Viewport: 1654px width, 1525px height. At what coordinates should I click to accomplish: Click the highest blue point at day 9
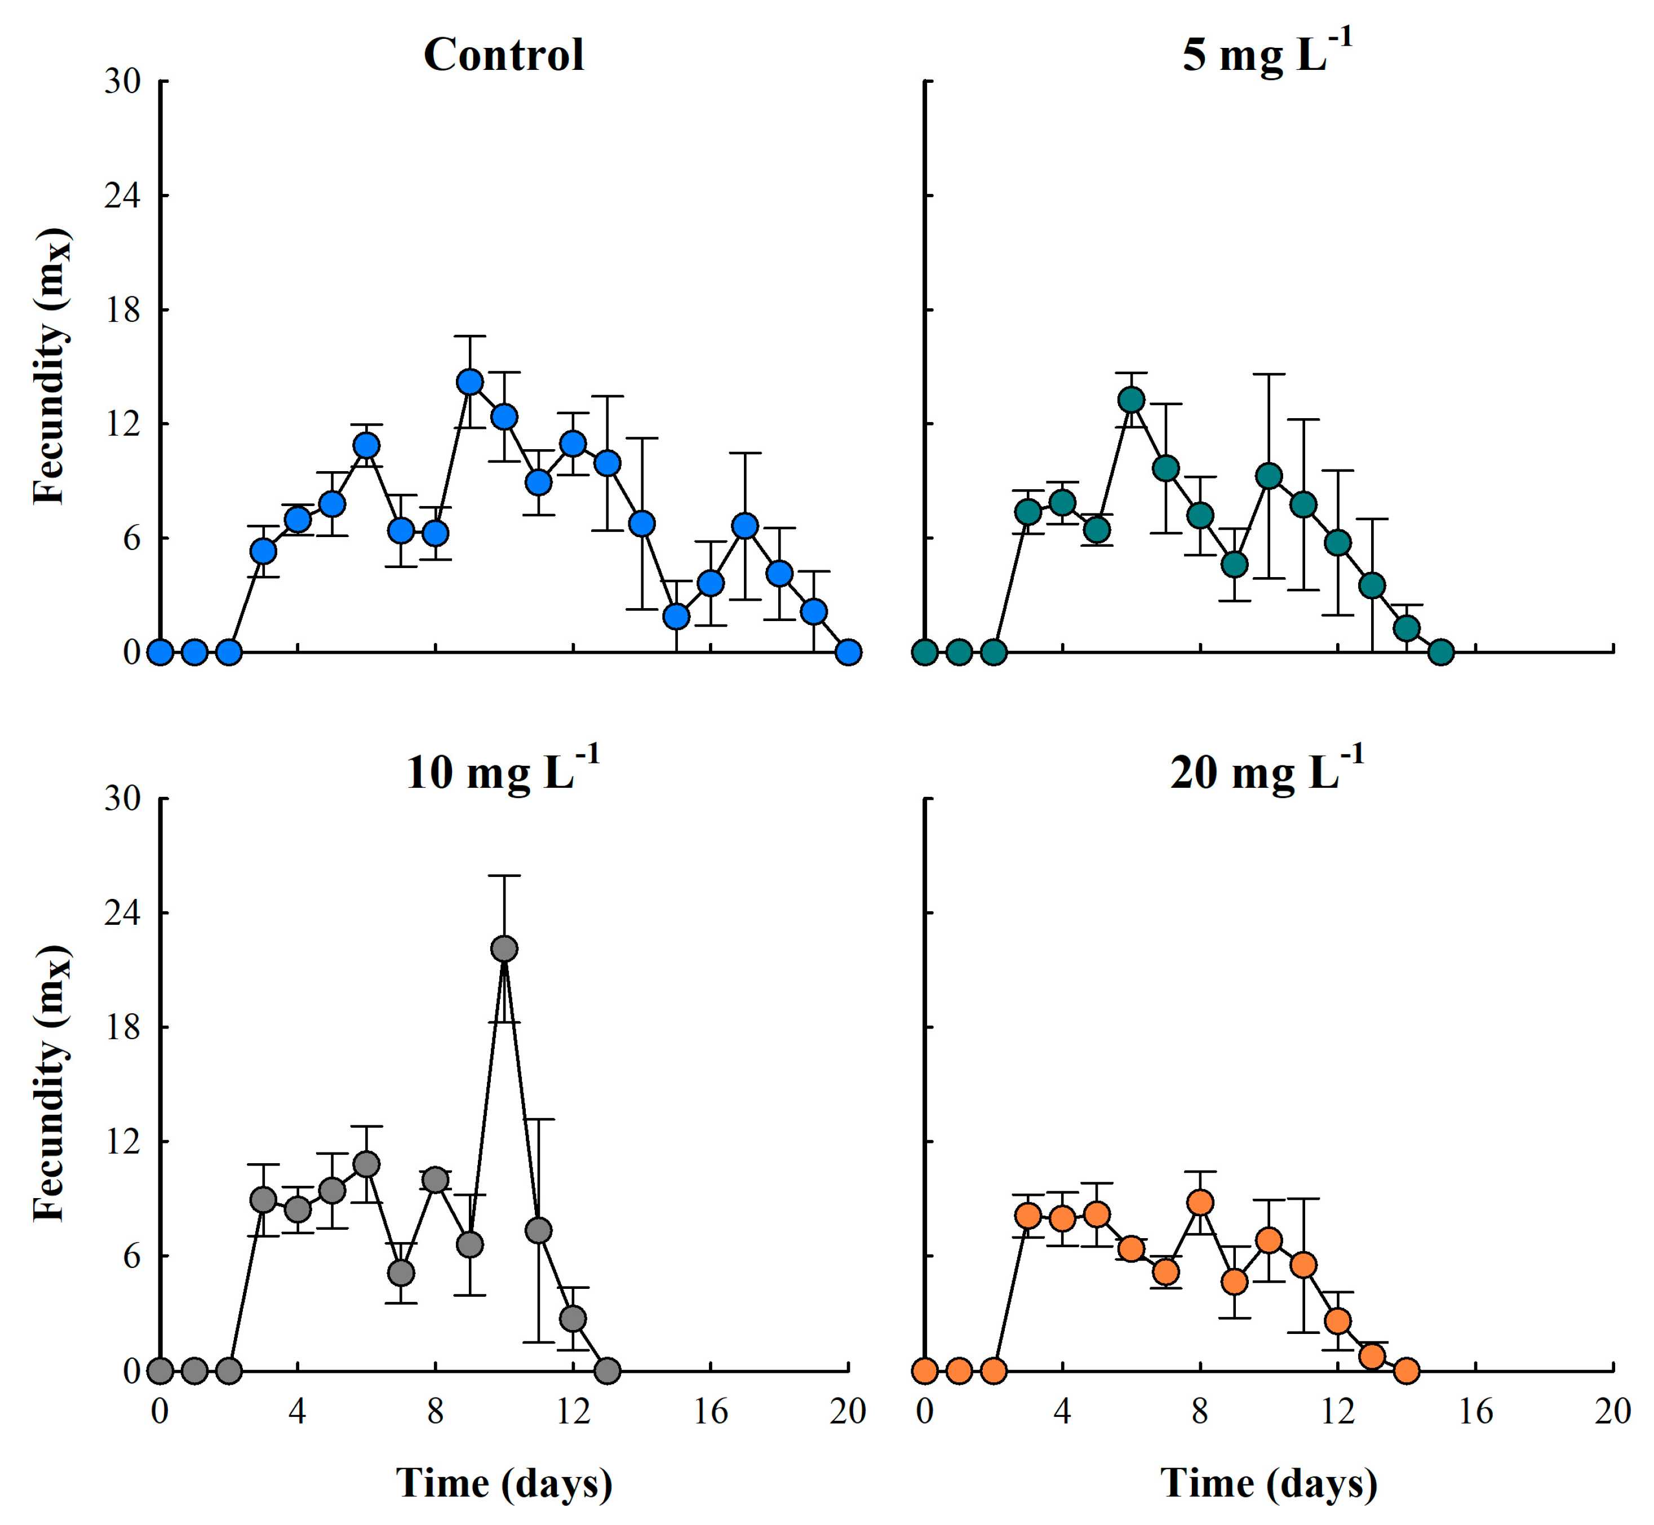click(469, 382)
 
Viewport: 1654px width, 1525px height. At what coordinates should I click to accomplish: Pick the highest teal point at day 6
click(1132, 400)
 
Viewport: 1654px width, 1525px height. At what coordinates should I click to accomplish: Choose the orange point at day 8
click(1200, 1202)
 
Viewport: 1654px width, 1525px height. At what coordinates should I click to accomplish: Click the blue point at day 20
click(848, 653)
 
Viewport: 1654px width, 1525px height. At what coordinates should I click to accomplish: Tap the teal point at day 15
click(1441, 653)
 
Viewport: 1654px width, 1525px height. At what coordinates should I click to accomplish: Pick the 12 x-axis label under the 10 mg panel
click(573, 1412)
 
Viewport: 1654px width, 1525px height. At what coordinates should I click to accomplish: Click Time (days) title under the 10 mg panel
click(503, 1482)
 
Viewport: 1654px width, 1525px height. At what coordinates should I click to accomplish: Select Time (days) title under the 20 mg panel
click(1269, 1482)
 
